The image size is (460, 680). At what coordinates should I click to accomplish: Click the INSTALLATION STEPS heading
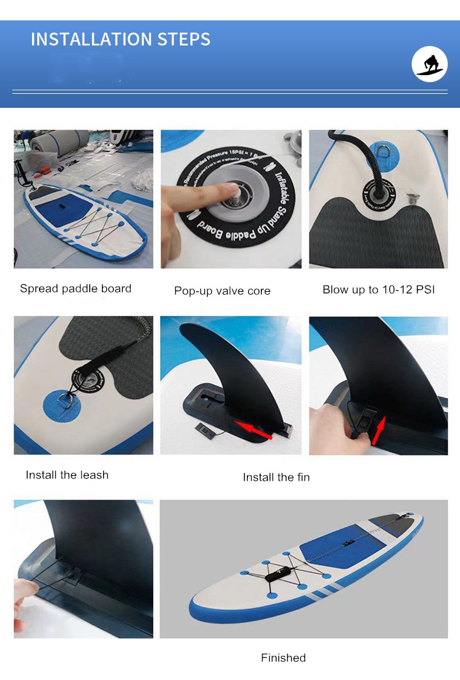pyautogui.click(x=121, y=39)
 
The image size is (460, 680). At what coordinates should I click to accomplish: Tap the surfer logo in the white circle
pyautogui.click(x=430, y=64)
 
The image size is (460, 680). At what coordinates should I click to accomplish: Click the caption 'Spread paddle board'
pyautogui.click(x=76, y=288)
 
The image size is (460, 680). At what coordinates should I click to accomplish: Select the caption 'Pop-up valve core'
pyautogui.click(x=222, y=291)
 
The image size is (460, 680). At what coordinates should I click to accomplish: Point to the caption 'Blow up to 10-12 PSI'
pyautogui.click(x=378, y=290)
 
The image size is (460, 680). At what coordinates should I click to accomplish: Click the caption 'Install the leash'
pyautogui.click(x=67, y=475)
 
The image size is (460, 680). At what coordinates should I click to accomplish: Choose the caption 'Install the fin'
pyautogui.click(x=276, y=477)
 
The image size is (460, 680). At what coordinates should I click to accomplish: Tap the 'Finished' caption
pyautogui.click(x=283, y=658)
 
